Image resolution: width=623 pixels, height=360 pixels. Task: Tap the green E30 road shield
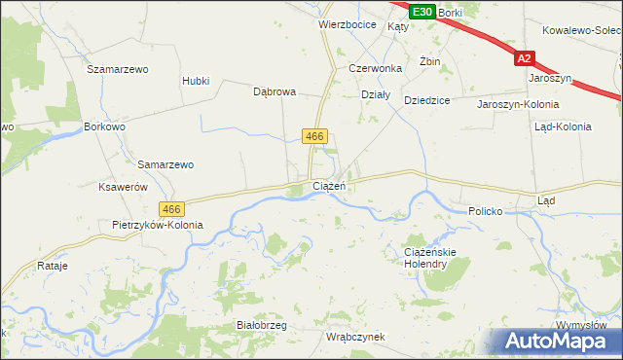pos(421,12)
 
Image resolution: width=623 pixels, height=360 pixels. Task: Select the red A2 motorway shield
pos(526,58)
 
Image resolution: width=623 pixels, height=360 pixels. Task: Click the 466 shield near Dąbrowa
pos(313,137)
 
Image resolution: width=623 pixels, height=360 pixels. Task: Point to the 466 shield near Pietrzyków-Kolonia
pos(171,209)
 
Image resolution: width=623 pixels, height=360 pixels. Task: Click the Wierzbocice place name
pos(348,25)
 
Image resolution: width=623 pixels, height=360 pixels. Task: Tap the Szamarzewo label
pos(117,69)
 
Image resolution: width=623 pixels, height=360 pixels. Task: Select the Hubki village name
pos(196,81)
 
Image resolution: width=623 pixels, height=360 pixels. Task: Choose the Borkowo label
pos(105,126)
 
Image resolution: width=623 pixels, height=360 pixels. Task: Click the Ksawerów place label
pos(123,187)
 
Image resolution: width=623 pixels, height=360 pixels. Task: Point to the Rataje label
pos(51,265)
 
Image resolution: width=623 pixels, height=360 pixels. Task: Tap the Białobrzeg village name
pos(261,325)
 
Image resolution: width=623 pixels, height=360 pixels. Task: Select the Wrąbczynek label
pos(355,337)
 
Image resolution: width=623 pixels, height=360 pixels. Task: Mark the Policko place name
pos(484,210)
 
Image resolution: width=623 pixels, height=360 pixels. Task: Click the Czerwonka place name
pos(375,69)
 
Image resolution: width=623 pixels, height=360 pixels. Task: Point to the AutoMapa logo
pos(552,341)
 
